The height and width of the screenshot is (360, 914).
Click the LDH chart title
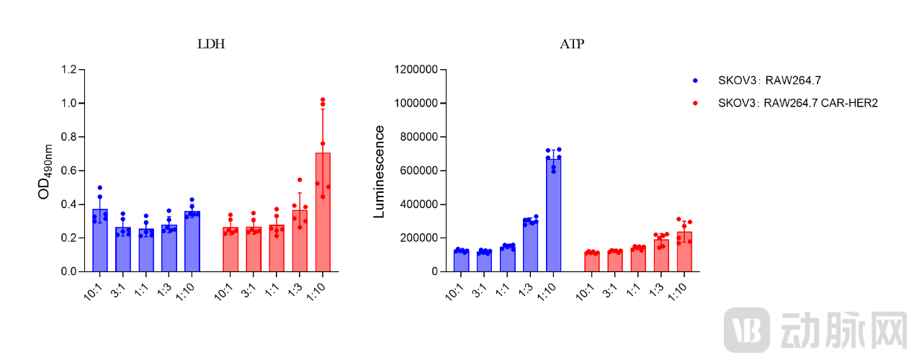(x=211, y=44)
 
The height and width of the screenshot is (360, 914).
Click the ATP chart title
(x=572, y=44)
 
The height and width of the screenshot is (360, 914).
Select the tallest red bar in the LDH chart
(x=323, y=212)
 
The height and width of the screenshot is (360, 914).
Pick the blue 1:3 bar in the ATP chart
(x=530, y=246)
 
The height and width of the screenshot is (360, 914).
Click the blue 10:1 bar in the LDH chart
(x=100, y=240)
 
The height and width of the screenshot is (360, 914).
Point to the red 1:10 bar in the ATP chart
(x=684, y=252)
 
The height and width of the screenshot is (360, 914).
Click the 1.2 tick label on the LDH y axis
(x=69, y=70)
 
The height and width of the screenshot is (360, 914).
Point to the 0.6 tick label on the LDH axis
(x=69, y=171)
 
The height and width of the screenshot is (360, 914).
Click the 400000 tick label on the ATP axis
(x=418, y=204)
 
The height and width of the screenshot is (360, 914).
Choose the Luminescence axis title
(x=379, y=171)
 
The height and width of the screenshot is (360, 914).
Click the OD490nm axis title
(x=45, y=171)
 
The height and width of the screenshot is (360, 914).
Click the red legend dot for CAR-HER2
(x=695, y=103)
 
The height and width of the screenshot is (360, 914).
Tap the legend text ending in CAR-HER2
(x=797, y=103)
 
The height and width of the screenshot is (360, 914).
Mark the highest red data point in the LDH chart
(x=323, y=99)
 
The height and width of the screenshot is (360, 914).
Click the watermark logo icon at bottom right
(x=747, y=330)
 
